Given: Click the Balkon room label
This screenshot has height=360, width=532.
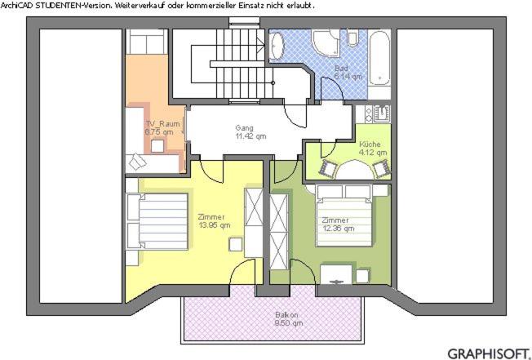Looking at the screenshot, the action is (286, 314).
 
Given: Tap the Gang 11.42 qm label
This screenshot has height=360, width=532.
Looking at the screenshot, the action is (250, 132).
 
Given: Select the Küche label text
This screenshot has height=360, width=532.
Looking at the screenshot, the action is (370, 144).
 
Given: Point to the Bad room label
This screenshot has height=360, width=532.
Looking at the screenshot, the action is (341, 69).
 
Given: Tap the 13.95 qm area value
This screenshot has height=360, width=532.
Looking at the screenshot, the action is (215, 225).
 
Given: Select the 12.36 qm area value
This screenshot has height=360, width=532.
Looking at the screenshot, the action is (339, 229).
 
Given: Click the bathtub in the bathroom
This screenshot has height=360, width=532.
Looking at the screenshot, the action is (379, 58).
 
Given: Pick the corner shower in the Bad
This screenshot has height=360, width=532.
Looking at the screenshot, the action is (326, 42).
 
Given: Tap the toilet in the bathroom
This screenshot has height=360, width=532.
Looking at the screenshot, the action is (352, 38).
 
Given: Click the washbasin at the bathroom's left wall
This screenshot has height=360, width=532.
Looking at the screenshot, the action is (277, 47).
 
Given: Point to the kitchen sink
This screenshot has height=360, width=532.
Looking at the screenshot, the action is (382, 113).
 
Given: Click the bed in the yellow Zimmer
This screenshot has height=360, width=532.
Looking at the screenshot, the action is (157, 221).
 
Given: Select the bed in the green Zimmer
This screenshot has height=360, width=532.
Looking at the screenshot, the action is (344, 216).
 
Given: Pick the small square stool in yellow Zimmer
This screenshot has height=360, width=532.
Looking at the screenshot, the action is (235, 245).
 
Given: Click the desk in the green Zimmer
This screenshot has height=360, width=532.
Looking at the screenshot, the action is (336, 274).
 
